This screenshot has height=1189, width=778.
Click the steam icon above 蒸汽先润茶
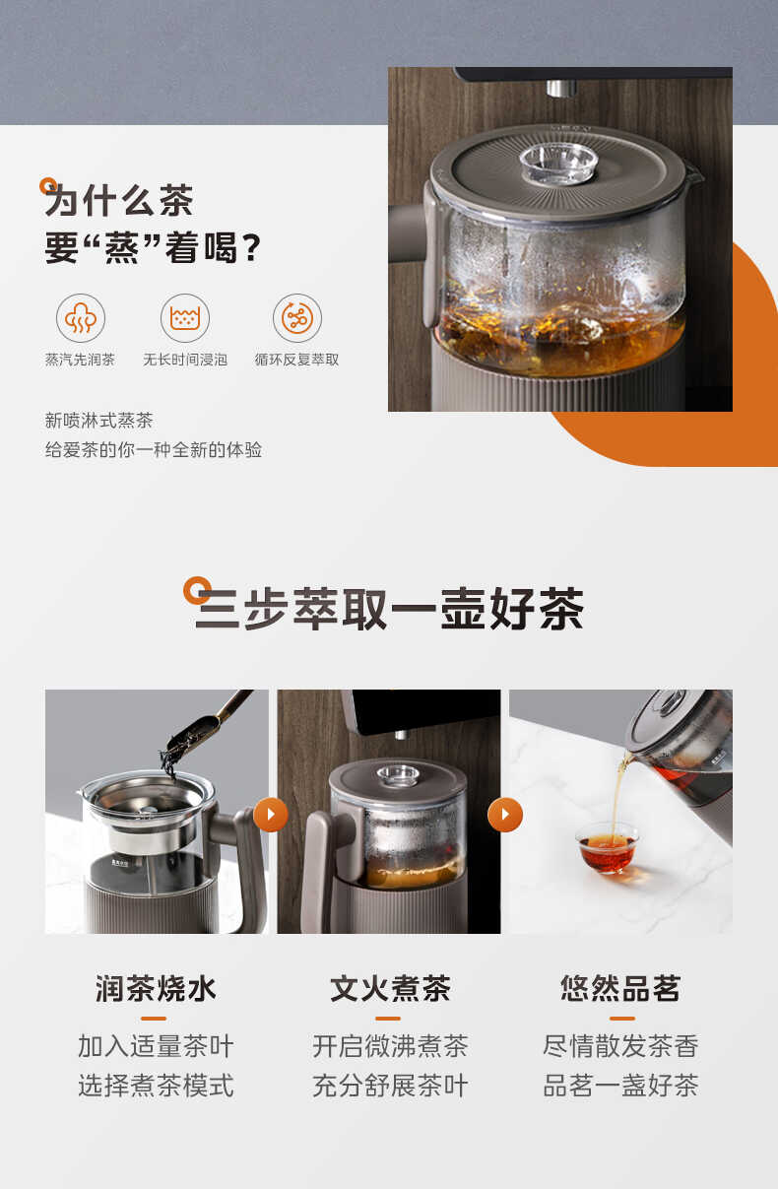point(80,317)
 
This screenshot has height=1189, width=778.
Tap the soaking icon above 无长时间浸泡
point(185,317)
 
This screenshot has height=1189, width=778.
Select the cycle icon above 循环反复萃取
point(296,317)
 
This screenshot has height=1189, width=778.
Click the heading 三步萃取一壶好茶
point(389,609)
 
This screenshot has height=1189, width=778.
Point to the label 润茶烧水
point(156,988)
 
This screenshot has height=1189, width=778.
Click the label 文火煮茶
point(390,988)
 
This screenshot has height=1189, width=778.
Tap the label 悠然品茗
point(620,988)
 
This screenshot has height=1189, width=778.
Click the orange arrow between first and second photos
point(271,815)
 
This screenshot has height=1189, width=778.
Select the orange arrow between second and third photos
point(505,815)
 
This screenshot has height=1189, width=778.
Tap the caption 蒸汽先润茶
point(80,360)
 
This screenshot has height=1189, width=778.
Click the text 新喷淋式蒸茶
point(99,421)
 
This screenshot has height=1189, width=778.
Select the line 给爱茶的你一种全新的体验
point(154,450)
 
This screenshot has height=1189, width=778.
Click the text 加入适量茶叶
point(156,1046)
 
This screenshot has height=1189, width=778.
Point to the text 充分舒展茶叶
point(390,1086)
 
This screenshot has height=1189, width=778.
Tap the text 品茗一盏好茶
point(620,1086)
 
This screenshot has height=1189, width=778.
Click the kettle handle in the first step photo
point(246,867)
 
